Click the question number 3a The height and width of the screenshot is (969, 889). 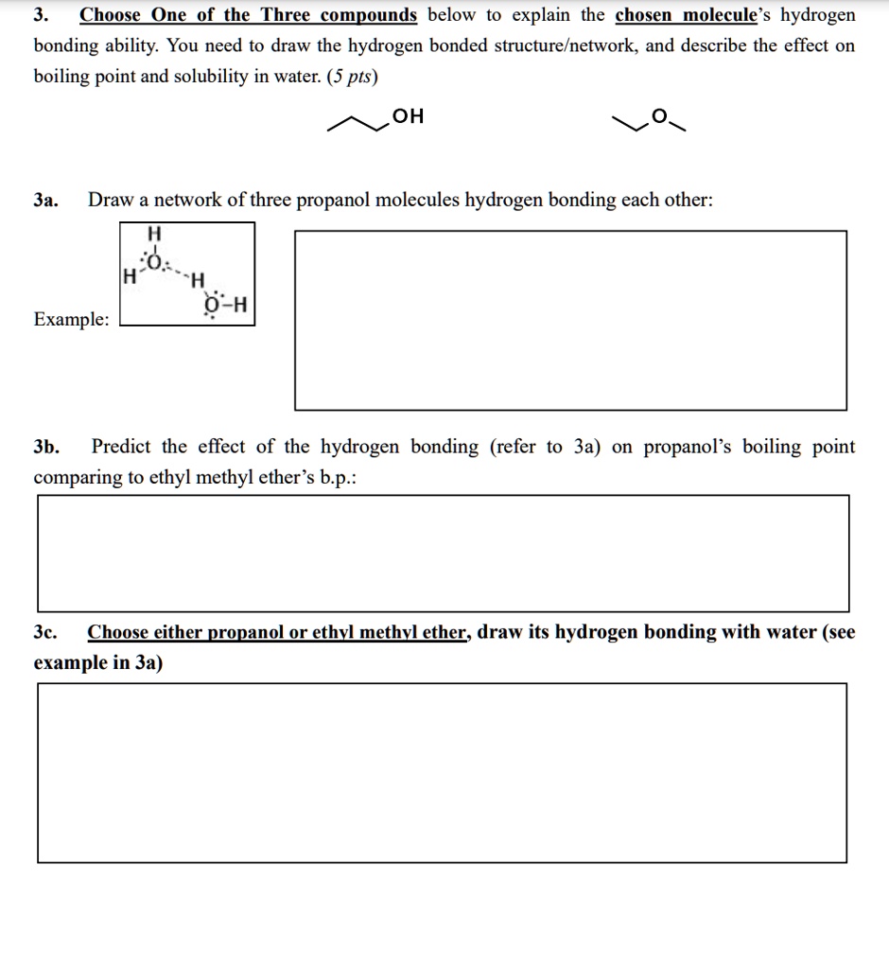point(46,201)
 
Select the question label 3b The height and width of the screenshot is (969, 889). point(47,447)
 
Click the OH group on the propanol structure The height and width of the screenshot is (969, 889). point(409,116)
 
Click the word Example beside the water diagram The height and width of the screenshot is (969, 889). point(71,320)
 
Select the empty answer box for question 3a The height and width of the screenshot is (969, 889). point(570,320)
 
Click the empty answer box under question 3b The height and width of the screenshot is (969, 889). point(443,554)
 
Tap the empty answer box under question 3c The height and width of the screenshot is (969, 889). point(443,772)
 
